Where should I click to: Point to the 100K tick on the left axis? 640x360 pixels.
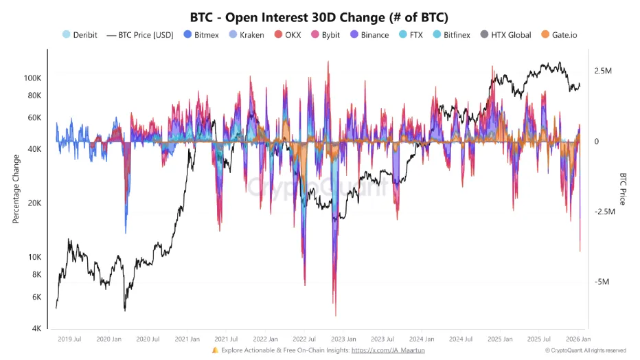point(32,78)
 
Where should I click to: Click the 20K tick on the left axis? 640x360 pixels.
point(34,203)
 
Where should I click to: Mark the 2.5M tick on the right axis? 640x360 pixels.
point(603,71)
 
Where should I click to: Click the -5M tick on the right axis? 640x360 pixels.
point(601,282)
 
